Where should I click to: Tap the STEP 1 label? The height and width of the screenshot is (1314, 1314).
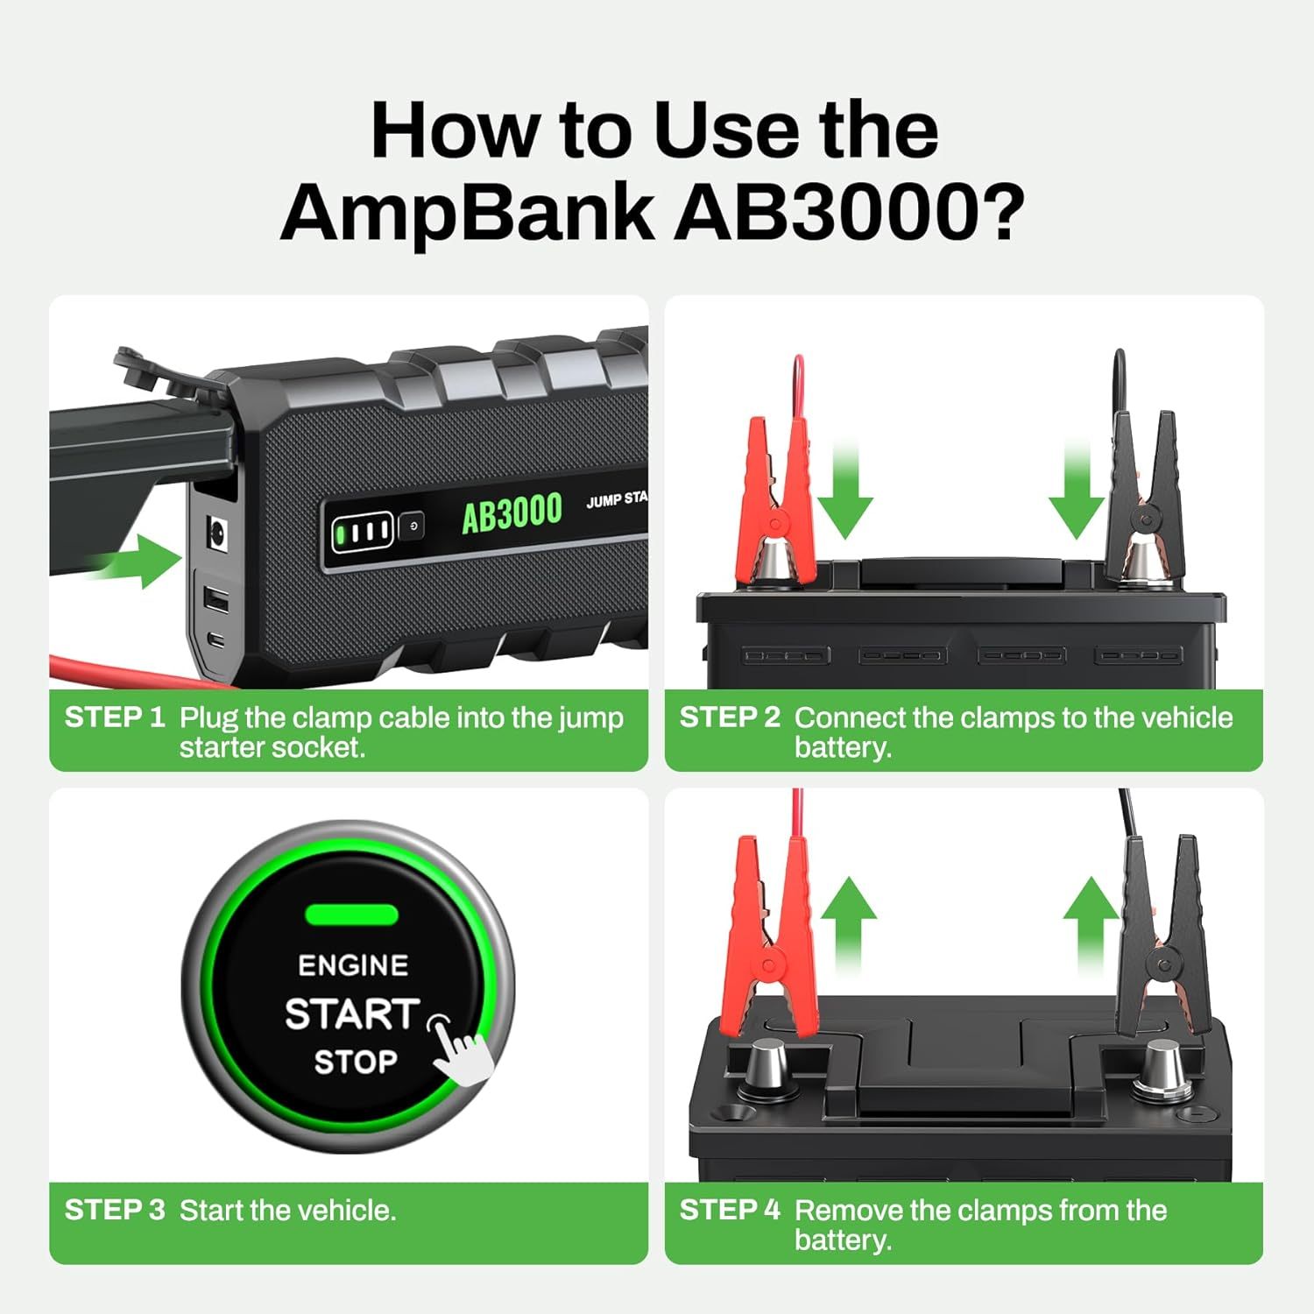pyautogui.click(x=115, y=717)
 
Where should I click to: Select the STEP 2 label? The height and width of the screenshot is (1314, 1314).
pyautogui.click(x=730, y=717)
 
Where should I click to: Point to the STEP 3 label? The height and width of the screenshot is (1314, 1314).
pyautogui.click(x=115, y=1210)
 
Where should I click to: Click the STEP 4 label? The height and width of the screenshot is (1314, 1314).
pyautogui.click(x=730, y=1210)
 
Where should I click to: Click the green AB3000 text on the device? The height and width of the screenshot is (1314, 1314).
pyautogui.click(x=512, y=512)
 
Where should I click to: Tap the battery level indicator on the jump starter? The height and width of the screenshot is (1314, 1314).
pyautogui.click(x=360, y=530)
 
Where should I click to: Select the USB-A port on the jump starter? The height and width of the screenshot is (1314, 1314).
pyautogui.click(x=215, y=601)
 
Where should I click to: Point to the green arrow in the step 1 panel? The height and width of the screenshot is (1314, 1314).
pyautogui.click(x=140, y=562)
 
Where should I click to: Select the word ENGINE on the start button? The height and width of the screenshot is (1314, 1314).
pyautogui.click(x=353, y=965)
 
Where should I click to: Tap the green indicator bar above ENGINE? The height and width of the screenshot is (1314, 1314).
pyautogui.click(x=351, y=915)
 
